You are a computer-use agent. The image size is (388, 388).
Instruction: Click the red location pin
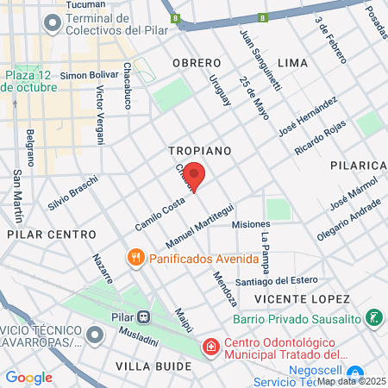[x=195, y=176]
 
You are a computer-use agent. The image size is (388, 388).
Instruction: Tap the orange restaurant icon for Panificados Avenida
[x=135, y=257]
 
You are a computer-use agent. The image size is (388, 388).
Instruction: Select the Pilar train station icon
[x=144, y=316]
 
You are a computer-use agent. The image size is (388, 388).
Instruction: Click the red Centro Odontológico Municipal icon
[x=210, y=347]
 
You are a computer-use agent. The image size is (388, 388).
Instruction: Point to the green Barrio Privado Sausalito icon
[x=374, y=318]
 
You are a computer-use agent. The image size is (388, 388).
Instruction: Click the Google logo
[x=28, y=377]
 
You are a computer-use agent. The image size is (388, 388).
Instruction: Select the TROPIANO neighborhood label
[x=200, y=150]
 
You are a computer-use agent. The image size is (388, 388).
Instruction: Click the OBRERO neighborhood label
[x=191, y=63]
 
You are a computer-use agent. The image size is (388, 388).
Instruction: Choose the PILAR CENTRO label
[x=51, y=234]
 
